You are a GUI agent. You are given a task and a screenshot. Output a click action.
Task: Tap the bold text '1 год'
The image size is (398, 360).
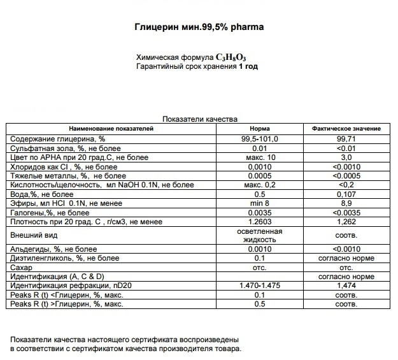click(248, 66)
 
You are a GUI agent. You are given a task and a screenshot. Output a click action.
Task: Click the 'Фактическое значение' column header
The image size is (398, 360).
click(346, 129)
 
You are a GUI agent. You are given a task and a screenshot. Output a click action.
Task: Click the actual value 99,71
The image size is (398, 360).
click(346, 138)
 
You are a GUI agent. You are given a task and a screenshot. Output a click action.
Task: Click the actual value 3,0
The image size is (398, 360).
click(346, 157)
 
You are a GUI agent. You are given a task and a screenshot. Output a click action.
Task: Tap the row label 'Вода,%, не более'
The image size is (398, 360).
click(38, 194)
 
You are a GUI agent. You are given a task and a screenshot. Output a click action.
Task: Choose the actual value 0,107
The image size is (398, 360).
click(346, 194)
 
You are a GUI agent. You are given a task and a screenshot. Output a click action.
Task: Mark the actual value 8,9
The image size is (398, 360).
click(346, 203)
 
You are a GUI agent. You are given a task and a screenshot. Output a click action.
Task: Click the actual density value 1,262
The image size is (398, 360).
click(346, 222)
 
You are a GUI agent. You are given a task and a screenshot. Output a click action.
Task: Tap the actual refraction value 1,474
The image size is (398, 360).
click(346, 286)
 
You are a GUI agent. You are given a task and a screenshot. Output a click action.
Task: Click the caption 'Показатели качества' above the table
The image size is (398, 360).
click(200, 119)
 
